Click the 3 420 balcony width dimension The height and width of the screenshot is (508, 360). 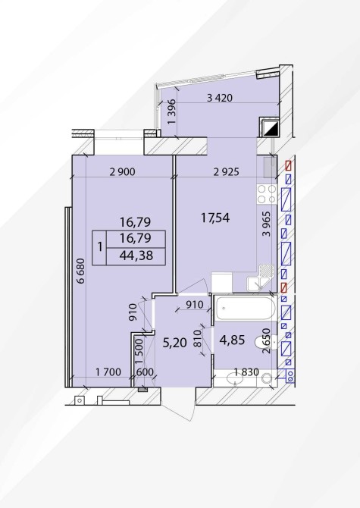point(220,98)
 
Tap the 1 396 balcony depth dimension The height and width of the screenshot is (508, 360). point(171,111)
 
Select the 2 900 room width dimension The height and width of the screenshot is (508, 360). point(122,171)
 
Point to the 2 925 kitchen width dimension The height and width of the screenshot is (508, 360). point(227,171)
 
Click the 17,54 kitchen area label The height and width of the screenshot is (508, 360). point(215,218)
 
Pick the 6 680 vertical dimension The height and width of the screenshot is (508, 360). point(80,271)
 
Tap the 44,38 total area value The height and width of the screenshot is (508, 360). point(136,256)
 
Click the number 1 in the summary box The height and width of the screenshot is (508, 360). point(100,247)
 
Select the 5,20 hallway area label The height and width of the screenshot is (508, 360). point(175,343)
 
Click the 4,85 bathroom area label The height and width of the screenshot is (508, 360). point(232,340)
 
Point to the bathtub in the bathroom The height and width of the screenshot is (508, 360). point(246,308)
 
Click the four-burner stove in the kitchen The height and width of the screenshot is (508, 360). point(267,194)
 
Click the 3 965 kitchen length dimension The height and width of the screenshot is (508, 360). point(267,224)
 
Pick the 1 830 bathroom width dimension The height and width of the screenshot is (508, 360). point(246,372)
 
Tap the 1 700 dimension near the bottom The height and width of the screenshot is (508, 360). point(108,372)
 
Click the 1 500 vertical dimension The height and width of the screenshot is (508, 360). point(139,351)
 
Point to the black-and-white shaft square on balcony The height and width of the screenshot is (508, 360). point(269,127)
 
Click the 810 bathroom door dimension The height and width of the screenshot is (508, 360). point(198,339)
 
